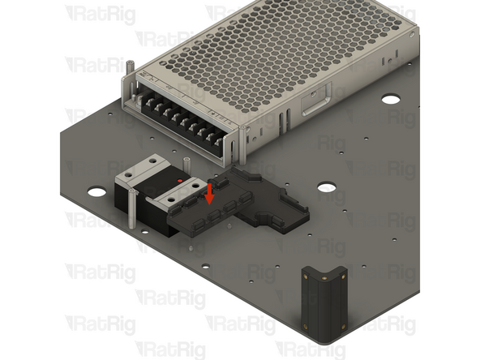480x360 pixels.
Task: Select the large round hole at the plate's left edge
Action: pos(96,192)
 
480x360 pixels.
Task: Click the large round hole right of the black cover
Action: pos(327,187)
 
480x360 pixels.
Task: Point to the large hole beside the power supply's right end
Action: pos(391,99)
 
